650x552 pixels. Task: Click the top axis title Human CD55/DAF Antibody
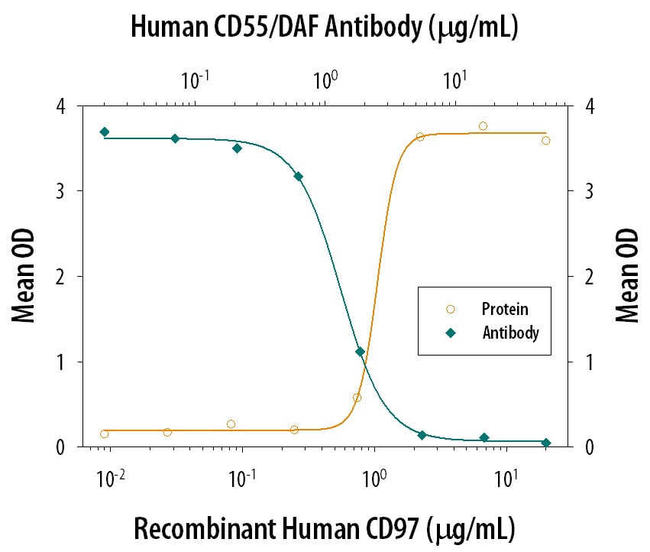(325, 28)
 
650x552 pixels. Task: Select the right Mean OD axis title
(626, 276)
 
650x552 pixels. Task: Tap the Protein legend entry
(504, 309)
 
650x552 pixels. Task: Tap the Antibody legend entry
(510, 333)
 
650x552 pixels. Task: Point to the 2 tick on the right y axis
(587, 277)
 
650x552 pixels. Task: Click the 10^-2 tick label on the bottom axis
(112, 479)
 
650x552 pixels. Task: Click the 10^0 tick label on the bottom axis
(374, 479)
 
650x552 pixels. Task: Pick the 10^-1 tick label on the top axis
(196, 79)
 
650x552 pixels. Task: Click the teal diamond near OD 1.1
(360, 352)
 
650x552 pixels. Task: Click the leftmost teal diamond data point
(105, 132)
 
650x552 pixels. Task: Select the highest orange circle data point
(483, 126)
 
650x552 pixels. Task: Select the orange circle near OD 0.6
(357, 398)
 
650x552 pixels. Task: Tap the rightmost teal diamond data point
(545, 443)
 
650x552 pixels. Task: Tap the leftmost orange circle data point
(105, 433)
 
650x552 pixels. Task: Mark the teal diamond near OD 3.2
(298, 177)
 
